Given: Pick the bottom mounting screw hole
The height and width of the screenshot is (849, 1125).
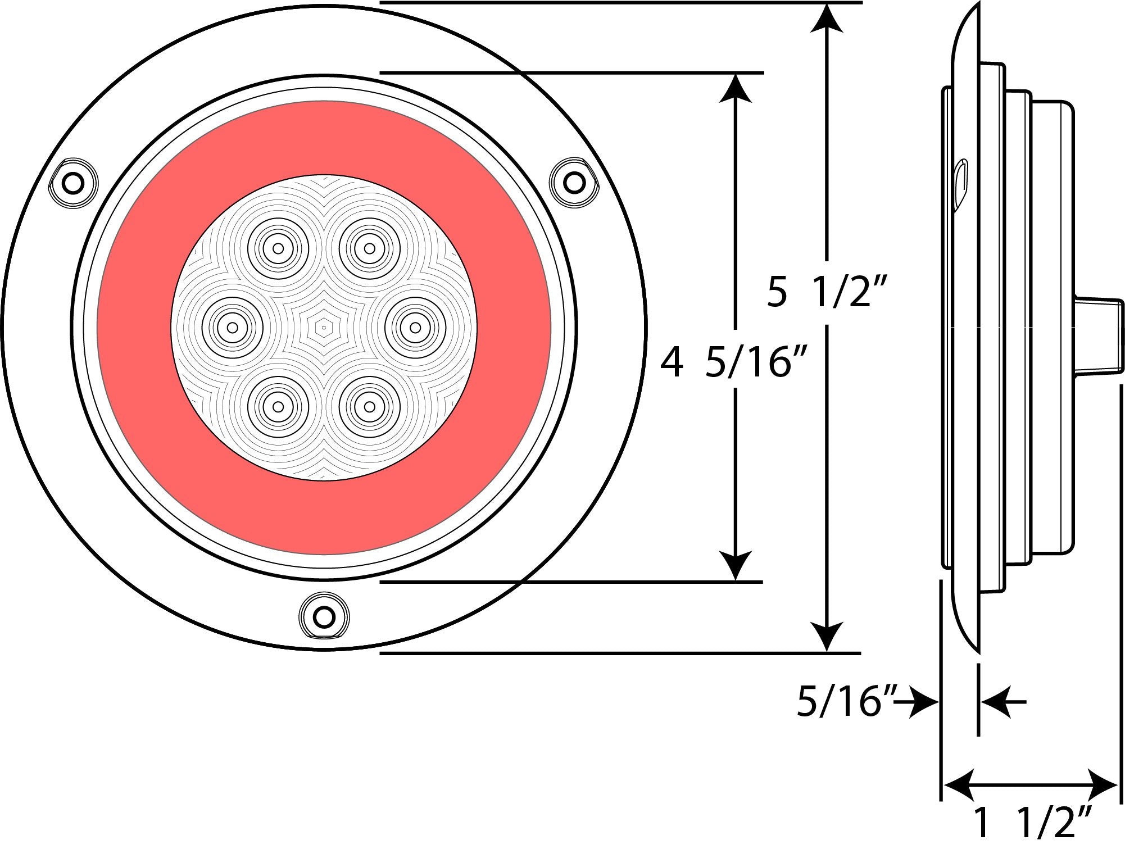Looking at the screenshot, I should [x=323, y=617].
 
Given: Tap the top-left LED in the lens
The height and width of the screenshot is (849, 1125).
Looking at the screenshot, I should [x=278, y=248].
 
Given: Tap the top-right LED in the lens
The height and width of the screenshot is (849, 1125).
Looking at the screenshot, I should [x=369, y=247].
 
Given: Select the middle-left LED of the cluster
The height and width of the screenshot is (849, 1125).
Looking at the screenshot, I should [x=232, y=327].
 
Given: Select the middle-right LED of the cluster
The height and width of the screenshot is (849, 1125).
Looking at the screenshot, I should [x=415, y=327].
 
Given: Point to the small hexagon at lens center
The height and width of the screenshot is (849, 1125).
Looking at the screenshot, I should [x=324, y=326].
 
